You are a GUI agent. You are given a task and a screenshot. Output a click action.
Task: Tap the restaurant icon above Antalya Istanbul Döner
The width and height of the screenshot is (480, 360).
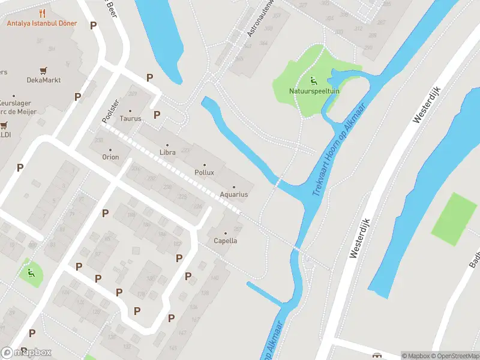(x=42, y=13)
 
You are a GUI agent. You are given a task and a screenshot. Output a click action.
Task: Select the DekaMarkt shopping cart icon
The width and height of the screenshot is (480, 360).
(x=43, y=71)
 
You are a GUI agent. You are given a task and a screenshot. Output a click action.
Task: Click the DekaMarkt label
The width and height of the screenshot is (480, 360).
(x=44, y=80)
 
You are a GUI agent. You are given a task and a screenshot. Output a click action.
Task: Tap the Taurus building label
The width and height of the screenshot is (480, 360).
(x=130, y=118)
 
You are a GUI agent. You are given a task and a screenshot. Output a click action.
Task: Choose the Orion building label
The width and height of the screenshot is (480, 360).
(x=110, y=157)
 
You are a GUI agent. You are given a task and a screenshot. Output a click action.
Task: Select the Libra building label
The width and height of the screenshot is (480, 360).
(x=167, y=153)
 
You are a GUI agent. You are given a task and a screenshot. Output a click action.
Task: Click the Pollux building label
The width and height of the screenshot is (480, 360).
(x=204, y=172)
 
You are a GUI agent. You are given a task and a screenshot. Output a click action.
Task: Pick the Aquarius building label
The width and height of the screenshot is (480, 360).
(x=234, y=194)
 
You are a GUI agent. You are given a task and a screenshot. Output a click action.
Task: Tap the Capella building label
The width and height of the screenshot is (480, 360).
(x=226, y=241)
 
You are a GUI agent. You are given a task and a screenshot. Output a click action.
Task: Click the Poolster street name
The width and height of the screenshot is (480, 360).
(x=110, y=112)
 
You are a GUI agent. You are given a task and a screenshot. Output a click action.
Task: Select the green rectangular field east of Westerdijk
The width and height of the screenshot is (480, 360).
(x=455, y=218)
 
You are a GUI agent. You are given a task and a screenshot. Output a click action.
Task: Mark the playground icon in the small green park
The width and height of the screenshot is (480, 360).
(x=30, y=273)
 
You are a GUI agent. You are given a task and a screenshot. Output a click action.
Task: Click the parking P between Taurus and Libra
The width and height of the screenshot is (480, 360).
(x=157, y=115)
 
